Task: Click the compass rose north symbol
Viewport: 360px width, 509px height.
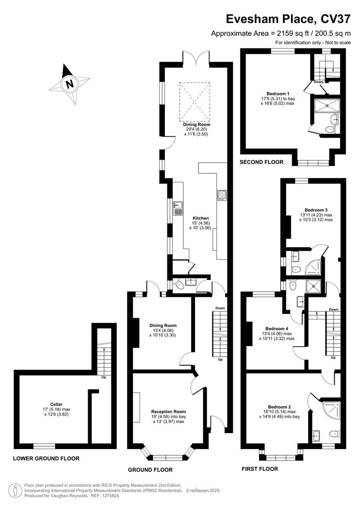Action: (70, 85)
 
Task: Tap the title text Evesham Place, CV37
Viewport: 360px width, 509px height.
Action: (288, 19)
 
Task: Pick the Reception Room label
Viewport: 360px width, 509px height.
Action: (168, 411)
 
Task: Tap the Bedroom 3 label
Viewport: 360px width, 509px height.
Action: (316, 210)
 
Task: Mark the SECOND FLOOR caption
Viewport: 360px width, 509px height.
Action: (262, 162)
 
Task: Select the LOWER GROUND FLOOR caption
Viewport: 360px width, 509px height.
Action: (46, 458)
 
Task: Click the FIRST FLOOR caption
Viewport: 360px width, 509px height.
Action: (260, 469)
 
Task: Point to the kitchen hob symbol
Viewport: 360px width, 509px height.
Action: (221, 195)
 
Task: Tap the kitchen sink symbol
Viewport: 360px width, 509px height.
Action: (178, 208)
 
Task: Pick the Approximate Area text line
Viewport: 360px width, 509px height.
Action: (281, 33)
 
